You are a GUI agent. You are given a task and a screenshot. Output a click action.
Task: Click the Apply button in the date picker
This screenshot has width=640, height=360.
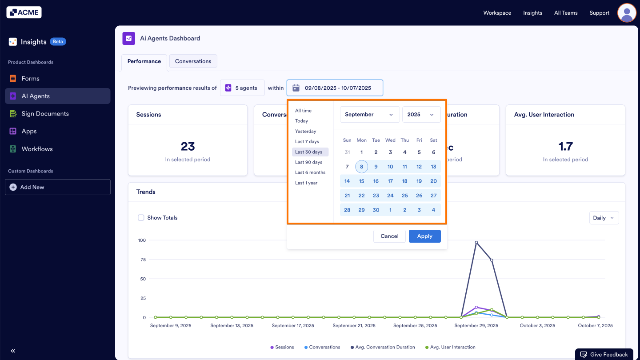(x=424, y=236)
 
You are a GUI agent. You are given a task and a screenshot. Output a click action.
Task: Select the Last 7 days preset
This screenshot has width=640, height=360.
(x=307, y=141)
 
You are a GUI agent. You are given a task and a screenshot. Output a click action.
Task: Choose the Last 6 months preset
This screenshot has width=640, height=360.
(x=310, y=172)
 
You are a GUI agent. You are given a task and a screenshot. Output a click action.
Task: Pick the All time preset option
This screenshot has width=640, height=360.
(x=304, y=111)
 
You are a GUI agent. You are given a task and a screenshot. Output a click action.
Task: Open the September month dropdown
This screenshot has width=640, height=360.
(x=369, y=114)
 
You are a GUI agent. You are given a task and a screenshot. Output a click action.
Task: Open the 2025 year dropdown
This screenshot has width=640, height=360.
(x=421, y=114)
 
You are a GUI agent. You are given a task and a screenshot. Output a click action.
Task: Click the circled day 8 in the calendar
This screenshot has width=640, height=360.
(x=361, y=167)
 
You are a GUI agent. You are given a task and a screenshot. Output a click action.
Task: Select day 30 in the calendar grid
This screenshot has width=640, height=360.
(x=376, y=210)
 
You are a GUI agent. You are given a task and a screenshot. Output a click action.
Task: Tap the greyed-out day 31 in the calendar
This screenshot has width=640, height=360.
(x=347, y=152)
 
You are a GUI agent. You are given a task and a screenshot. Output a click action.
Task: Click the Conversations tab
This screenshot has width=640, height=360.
(x=193, y=61)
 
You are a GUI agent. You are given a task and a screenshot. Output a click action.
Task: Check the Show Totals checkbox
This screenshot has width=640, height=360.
(x=141, y=218)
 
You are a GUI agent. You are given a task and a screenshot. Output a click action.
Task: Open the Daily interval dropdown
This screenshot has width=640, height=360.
(x=604, y=218)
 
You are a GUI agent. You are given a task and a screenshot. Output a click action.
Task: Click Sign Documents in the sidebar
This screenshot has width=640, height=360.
(x=45, y=114)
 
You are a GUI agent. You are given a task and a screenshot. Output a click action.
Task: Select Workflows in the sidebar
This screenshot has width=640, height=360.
(x=37, y=149)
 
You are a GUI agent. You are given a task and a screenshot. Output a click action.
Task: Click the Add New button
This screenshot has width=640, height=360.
(x=58, y=187)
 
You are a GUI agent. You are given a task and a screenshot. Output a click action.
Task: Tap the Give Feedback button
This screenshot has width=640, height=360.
(x=604, y=354)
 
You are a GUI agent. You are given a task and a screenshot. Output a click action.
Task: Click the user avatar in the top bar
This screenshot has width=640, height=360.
(x=627, y=13)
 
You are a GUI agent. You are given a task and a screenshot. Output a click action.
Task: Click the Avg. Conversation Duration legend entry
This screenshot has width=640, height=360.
(x=385, y=347)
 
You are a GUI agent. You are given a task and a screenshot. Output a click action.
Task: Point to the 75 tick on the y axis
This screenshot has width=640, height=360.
(x=143, y=260)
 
